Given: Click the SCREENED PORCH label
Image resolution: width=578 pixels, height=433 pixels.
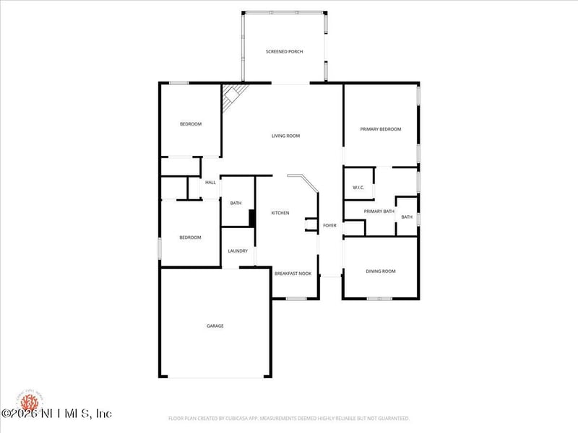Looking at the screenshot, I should click(284, 52).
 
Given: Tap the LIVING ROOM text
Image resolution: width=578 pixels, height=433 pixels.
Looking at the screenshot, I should click(285, 136).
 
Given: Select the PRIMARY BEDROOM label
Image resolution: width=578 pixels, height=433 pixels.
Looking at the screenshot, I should click(381, 129).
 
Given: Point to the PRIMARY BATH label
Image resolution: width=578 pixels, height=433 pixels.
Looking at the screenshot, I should click(379, 211).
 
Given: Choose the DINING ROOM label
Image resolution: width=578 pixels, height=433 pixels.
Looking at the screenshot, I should click(380, 271).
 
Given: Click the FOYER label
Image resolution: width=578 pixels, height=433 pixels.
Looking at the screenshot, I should click(329, 226).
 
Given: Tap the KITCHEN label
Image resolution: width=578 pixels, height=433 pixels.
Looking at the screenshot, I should click(280, 213).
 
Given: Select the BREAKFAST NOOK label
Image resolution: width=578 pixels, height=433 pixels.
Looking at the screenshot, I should click(293, 274).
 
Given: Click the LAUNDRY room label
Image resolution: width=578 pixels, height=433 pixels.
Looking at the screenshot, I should click(238, 251).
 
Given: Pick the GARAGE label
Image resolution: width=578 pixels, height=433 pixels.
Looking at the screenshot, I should click(215, 326).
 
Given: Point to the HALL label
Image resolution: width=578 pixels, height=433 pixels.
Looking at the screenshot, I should click(210, 183).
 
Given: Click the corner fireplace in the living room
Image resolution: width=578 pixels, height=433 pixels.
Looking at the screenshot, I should click(231, 96).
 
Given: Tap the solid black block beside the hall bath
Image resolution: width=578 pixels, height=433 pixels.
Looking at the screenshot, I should click(252, 218).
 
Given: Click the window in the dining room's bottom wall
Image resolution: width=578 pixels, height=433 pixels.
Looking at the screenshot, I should click(379, 298).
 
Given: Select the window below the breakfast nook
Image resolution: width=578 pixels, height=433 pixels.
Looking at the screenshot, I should click(296, 298).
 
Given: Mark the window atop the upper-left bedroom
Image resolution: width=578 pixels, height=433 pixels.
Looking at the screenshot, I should click(178, 83).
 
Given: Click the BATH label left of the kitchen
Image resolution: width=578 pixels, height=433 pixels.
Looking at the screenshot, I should click(236, 204).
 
